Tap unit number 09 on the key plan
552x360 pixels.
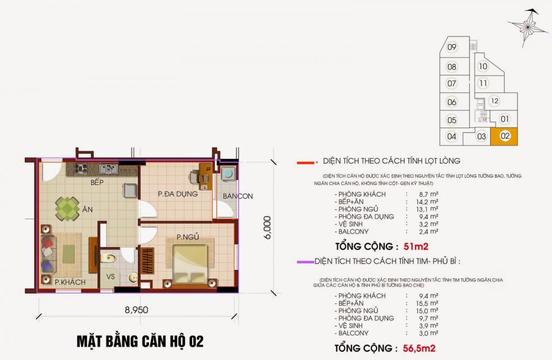coord(452,47)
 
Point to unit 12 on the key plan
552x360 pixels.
coord(494,101)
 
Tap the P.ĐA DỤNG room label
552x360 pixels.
coord(177,194)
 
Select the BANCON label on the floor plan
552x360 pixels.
coord(237,196)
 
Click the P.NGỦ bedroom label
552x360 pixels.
coord(187,237)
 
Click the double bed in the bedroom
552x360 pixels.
coord(191,264)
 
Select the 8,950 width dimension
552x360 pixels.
coord(135,310)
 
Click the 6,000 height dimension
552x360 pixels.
coord(267,226)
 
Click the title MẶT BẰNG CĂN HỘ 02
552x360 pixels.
coord(140,341)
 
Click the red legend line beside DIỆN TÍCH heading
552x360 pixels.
coord(305,162)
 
